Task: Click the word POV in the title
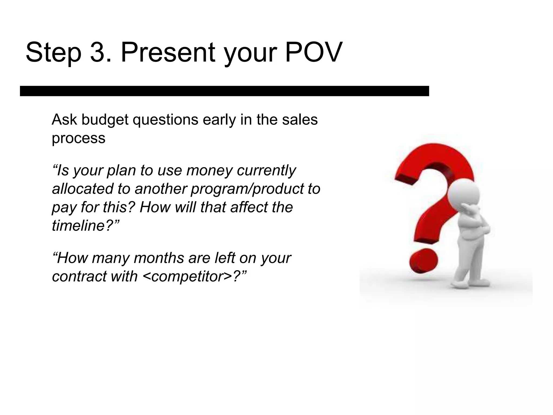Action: (x=313, y=52)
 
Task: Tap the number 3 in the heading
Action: (x=97, y=52)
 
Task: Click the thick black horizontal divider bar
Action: (x=224, y=91)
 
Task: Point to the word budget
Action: (x=105, y=120)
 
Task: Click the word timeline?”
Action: (x=85, y=226)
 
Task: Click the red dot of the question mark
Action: (x=423, y=261)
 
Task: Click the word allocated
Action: (x=82, y=189)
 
